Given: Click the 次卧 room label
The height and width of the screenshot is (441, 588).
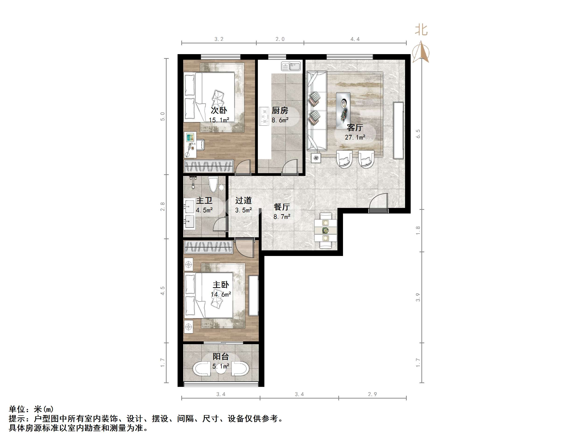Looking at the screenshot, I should pos(219,110).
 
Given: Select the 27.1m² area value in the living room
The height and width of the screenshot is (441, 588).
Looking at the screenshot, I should pos(355,137).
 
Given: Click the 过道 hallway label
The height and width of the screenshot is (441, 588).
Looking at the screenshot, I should pos(243,200).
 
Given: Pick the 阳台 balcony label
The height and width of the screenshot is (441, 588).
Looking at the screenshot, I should pos(221,357).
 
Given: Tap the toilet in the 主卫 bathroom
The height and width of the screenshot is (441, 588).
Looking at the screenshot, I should pos(213,184).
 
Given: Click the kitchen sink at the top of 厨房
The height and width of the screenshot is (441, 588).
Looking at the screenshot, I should pos(291,66).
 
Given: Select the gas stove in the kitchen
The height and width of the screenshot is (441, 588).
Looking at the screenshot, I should pos(264,116).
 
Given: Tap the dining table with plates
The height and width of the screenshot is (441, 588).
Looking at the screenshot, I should pos(325,230).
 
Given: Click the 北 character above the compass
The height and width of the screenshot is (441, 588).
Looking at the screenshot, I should pos(421,30).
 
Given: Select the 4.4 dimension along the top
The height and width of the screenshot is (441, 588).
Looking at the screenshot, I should pos(355,39).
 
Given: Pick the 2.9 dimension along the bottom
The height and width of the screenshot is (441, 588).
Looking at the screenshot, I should pos(372,394).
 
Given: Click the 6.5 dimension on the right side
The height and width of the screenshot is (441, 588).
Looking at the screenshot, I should pos(418,134).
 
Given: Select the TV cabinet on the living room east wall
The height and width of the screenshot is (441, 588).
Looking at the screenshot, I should pos(398,130).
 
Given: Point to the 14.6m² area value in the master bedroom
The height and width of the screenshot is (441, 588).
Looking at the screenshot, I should pos(221,294).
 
